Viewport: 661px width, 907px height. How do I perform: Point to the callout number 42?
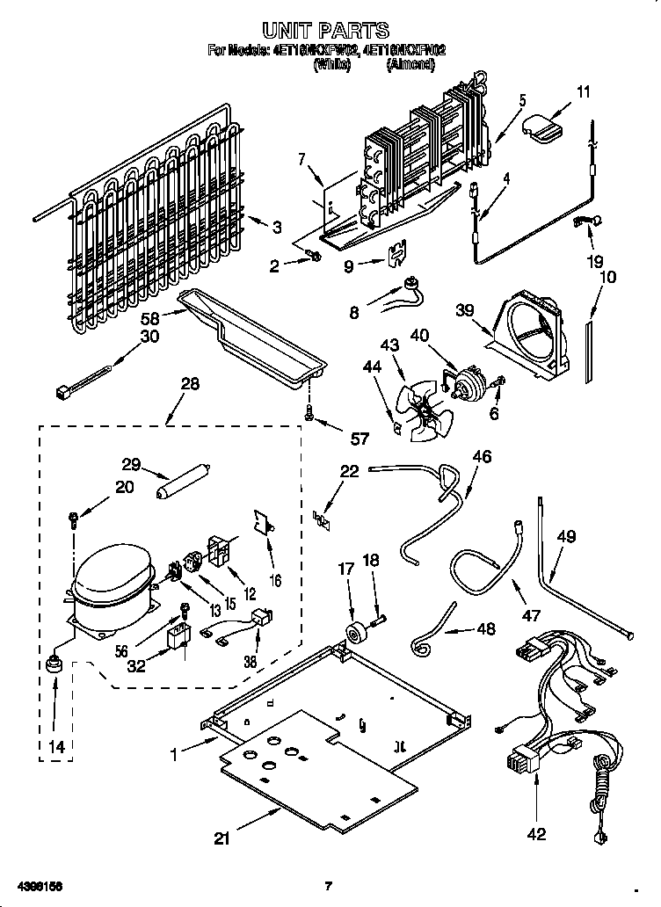(x=536, y=834)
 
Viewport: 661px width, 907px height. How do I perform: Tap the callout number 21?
(x=222, y=838)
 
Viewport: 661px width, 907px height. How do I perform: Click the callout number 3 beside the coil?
(x=277, y=228)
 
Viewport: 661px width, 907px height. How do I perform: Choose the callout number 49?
(x=566, y=536)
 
